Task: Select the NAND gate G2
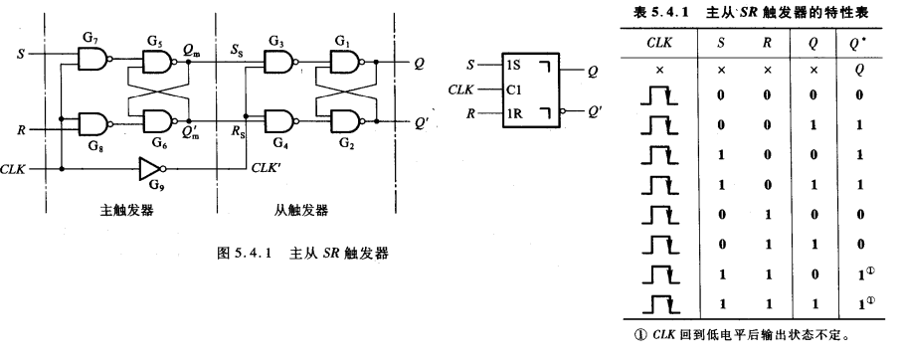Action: point(344,121)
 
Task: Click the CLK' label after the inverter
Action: point(267,167)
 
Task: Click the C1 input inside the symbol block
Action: point(514,89)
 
